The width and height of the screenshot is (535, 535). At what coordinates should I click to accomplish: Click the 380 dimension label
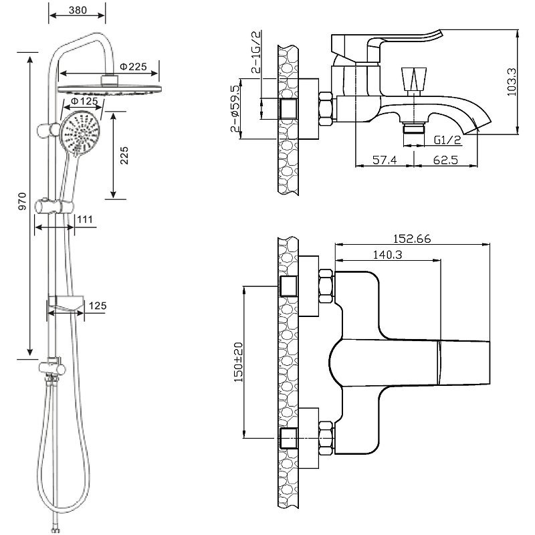[x=78, y=10]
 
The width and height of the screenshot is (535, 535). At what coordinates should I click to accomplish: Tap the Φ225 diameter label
[x=133, y=66]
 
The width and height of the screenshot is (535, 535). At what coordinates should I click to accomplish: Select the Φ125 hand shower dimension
[x=84, y=101]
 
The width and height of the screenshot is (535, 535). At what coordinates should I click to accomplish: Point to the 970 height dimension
[x=22, y=201]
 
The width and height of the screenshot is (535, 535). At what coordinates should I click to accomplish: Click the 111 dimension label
[x=85, y=219]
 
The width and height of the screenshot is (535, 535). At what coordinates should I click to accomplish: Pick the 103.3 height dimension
[x=512, y=82]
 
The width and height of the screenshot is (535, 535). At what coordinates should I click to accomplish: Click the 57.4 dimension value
[x=385, y=160]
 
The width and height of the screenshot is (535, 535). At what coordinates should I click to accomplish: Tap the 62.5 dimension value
[x=445, y=160]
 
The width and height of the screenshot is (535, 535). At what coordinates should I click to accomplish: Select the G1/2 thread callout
[x=447, y=140]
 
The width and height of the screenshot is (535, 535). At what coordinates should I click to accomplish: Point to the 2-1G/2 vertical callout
[x=256, y=52]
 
